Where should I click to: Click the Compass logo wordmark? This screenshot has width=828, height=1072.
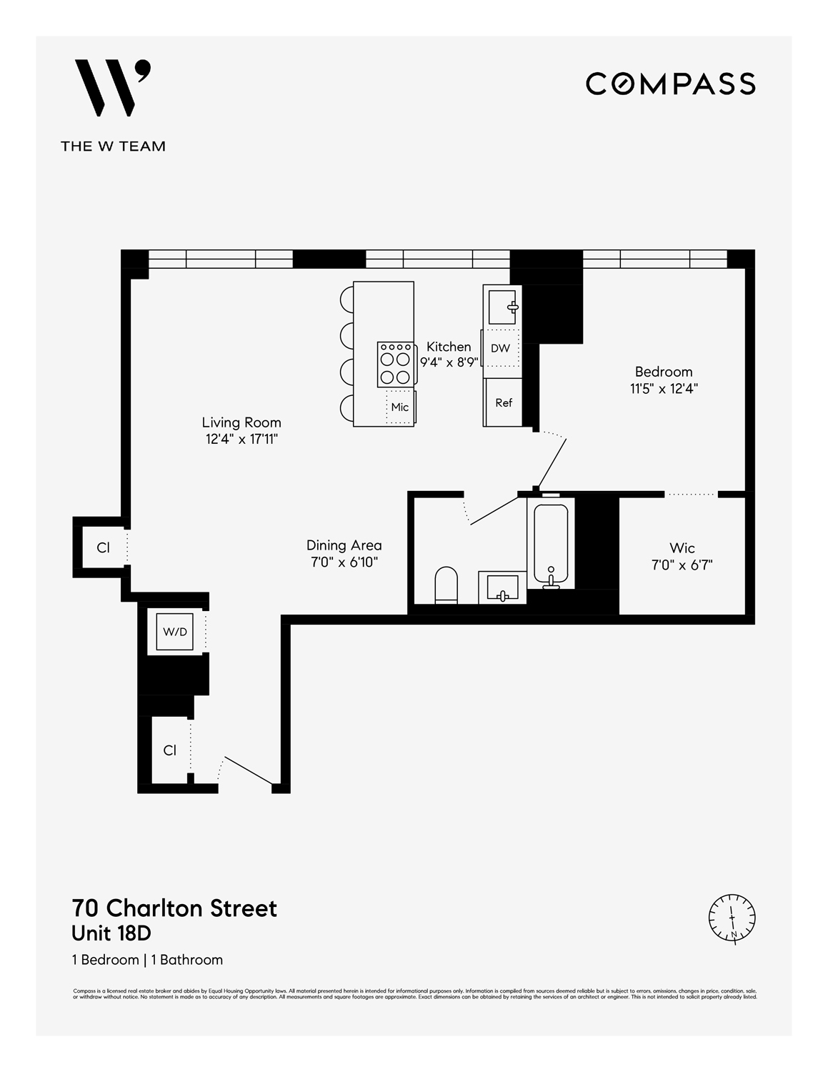[x=670, y=84]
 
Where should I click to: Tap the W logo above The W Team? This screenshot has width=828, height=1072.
[x=114, y=88]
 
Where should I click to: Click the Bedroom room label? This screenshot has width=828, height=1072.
[x=664, y=372]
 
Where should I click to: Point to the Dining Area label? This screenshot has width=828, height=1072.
[x=344, y=545]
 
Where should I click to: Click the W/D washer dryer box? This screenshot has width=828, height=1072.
[x=175, y=632]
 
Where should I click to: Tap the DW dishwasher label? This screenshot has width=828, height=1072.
[x=501, y=349]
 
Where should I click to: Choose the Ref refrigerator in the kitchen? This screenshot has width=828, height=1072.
[x=504, y=402]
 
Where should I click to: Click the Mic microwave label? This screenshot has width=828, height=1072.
[x=400, y=407]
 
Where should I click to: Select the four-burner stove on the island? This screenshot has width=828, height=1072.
[x=395, y=364]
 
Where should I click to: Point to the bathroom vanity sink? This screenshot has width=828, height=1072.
[x=502, y=587]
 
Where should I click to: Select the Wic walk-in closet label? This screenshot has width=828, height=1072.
[x=682, y=548]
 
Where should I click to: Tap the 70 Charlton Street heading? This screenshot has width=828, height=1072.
[x=174, y=908]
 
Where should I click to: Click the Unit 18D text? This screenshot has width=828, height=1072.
[x=111, y=933]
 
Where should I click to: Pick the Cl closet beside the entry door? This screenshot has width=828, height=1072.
[x=169, y=750]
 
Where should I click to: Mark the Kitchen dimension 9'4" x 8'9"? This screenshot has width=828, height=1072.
[x=449, y=362]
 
